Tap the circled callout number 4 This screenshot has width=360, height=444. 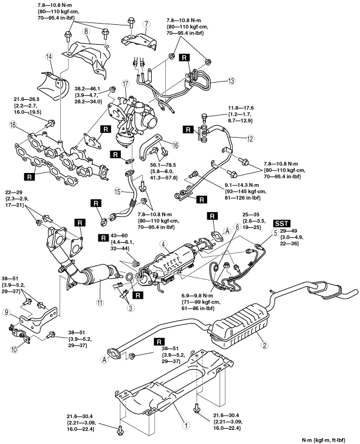[x=163, y=245]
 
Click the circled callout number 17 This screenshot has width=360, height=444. [x=126, y=84]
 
